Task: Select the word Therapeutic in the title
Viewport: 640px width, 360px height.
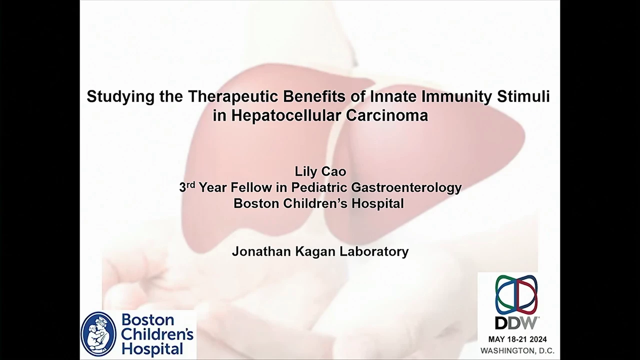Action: click(233, 96)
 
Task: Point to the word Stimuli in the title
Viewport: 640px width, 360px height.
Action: click(523, 96)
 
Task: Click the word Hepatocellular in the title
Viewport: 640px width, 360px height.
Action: click(286, 115)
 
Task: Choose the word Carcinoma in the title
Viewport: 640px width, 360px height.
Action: click(387, 115)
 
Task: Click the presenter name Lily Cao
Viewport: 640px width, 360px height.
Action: click(320, 171)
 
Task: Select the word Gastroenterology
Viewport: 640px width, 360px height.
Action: click(406, 187)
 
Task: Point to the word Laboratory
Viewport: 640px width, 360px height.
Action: click(374, 251)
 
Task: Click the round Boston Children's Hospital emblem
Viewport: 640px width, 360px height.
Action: click(98, 334)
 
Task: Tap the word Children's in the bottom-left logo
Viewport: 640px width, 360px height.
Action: click(157, 334)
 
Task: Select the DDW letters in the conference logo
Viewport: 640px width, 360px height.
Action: click(515, 323)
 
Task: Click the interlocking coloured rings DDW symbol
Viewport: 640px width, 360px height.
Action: click(516, 294)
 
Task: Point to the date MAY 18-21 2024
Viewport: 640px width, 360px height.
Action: click(517, 339)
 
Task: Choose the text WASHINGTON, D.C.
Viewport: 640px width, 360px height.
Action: click(517, 350)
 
